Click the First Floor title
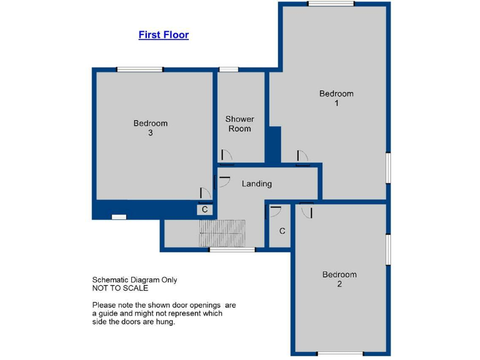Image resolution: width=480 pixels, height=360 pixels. click(163, 35)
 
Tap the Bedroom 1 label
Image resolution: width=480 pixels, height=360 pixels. click(336, 98)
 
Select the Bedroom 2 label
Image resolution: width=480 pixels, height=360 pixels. click(339, 279)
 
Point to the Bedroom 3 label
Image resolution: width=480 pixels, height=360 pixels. click(151, 127)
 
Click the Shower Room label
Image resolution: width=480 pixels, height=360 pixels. click(240, 123)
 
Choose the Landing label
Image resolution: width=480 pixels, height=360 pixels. click(257, 184)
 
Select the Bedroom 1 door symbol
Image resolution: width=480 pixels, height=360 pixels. click(302, 159)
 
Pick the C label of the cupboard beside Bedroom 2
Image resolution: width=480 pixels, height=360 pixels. click(282, 231)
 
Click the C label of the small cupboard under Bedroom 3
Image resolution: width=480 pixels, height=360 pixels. click(204, 209)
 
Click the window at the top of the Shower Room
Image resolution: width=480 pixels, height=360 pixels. click(229, 69)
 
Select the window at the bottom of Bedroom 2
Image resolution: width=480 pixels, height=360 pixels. click(341, 354)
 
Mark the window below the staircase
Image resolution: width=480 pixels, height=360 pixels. click(232, 250)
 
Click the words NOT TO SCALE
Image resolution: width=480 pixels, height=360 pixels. click(120, 289)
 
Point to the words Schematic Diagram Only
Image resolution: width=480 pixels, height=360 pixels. click(134, 280)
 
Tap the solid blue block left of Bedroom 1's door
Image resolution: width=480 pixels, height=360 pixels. click(272, 144)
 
